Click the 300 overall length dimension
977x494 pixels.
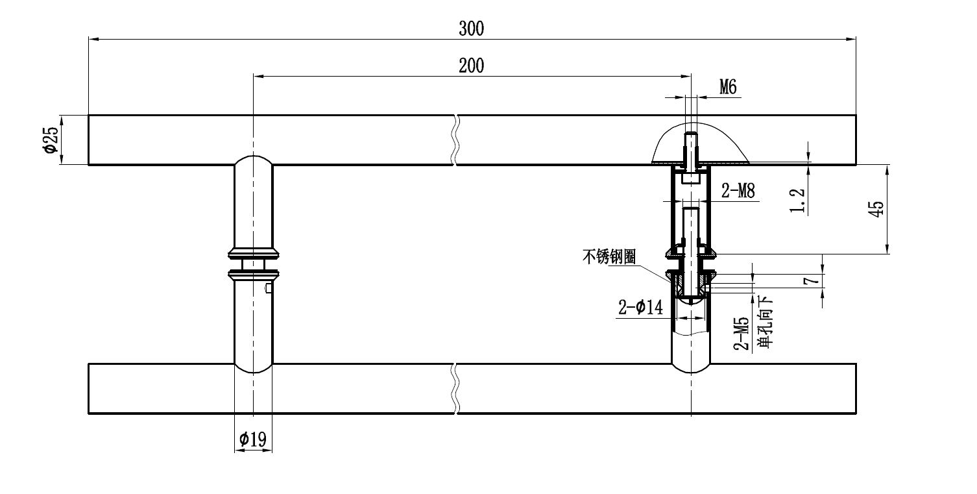(472, 28)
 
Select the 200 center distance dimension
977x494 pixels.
(472, 66)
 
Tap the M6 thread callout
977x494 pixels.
(728, 88)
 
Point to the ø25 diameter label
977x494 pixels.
(51, 140)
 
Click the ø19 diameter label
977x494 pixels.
(252, 439)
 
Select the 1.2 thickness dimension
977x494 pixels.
(799, 201)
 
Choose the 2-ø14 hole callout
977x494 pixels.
(640, 308)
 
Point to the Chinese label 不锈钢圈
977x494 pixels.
(609, 257)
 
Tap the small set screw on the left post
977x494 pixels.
(268, 288)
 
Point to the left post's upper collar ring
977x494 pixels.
(253, 251)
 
